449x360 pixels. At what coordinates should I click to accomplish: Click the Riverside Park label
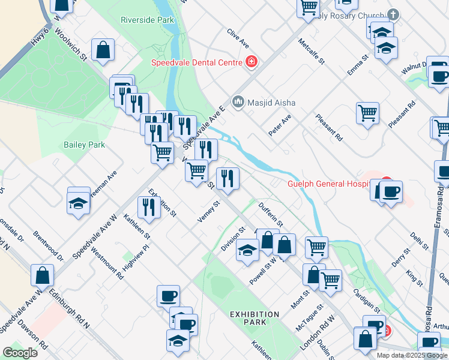tap(147, 20)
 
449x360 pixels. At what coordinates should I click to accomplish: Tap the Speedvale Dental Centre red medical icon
tap(252, 62)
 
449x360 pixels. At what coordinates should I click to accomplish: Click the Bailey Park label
tap(84, 145)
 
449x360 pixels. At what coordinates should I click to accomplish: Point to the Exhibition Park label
tap(255, 318)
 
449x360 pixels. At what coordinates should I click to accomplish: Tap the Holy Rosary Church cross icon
tap(393, 14)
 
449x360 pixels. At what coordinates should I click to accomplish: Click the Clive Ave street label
tap(238, 38)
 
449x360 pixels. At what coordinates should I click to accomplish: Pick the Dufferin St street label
tap(270, 214)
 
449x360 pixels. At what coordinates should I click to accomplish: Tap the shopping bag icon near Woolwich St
tap(103, 50)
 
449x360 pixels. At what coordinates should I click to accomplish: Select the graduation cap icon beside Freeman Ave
tap(79, 200)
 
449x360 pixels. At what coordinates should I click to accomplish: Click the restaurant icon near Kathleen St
tap(148, 207)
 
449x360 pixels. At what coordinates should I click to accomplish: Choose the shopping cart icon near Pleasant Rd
tap(367, 112)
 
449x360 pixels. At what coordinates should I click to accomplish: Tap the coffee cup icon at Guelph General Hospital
tap(391, 191)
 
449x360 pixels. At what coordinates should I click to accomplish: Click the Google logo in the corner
tap(20, 353)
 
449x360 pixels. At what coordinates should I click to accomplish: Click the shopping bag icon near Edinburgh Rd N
tap(43, 276)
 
